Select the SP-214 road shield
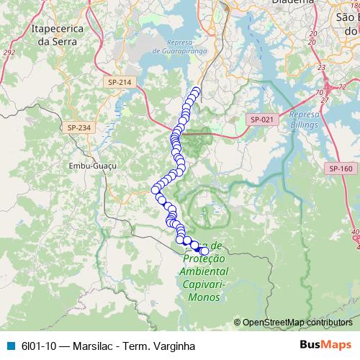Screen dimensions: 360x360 click(x=120, y=83)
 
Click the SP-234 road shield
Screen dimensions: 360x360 click(x=79, y=127)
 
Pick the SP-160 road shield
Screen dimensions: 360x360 click(x=340, y=168)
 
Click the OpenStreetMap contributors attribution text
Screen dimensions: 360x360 click(x=297, y=322)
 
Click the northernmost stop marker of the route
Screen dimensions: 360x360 click(x=195, y=91)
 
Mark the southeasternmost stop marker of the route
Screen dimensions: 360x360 click(x=204, y=251)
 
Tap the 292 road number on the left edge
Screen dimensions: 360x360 click(x=9, y=52)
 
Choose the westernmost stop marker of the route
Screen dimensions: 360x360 click(x=155, y=189)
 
